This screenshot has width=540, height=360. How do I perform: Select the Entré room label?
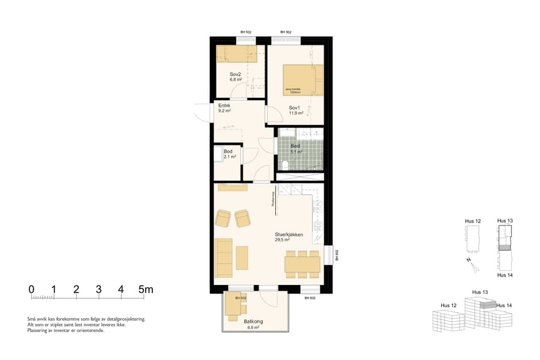[x=224, y=106]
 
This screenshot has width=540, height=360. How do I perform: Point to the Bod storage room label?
[x=228, y=152]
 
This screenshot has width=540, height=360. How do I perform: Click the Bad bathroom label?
[x=295, y=146]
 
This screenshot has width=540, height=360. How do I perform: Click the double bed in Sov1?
[x=302, y=80]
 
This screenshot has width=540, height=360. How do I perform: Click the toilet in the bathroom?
[x=284, y=165]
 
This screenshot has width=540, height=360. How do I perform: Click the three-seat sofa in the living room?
[x=224, y=257]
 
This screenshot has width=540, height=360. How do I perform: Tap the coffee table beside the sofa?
[x=242, y=257]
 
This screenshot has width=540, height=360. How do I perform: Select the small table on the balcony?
[x=233, y=306]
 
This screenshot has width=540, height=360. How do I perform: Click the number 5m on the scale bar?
[x=146, y=289]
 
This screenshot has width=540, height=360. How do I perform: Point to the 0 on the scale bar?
[x=31, y=289]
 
